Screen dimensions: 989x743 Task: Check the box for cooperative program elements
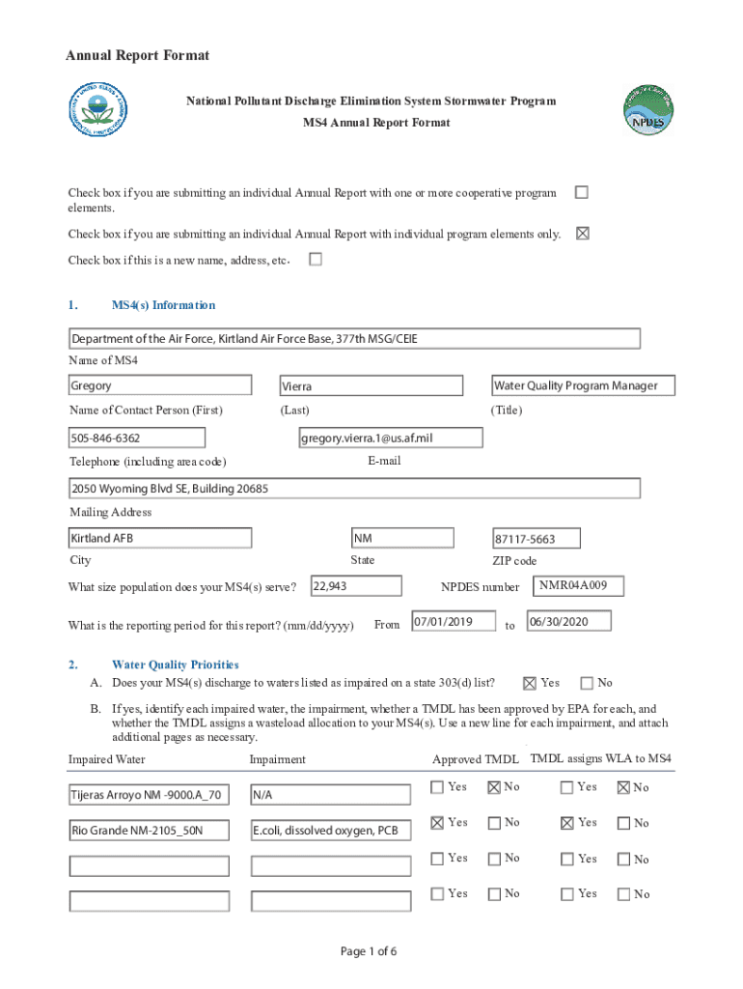click(581, 192)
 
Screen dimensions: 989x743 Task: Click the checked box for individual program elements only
click(581, 233)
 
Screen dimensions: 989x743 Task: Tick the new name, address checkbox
click(315, 260)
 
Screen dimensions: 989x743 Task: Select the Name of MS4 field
click(354, 339)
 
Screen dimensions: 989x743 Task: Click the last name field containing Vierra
click(370, 386)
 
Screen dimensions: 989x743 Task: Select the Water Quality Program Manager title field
click(582, 386)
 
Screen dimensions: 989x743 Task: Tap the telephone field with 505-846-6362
click(136, 438)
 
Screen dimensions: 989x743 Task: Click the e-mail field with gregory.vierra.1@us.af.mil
click(390, 438)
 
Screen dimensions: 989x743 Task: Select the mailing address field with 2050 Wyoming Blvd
click(354, 489)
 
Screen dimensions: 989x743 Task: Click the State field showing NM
click(401, 538)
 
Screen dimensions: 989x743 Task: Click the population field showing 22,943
click(355, 586)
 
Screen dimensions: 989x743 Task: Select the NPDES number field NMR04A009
click(579, 586)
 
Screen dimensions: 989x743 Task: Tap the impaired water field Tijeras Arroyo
click(149, 796)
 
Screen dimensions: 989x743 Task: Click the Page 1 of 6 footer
click(369, 951)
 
